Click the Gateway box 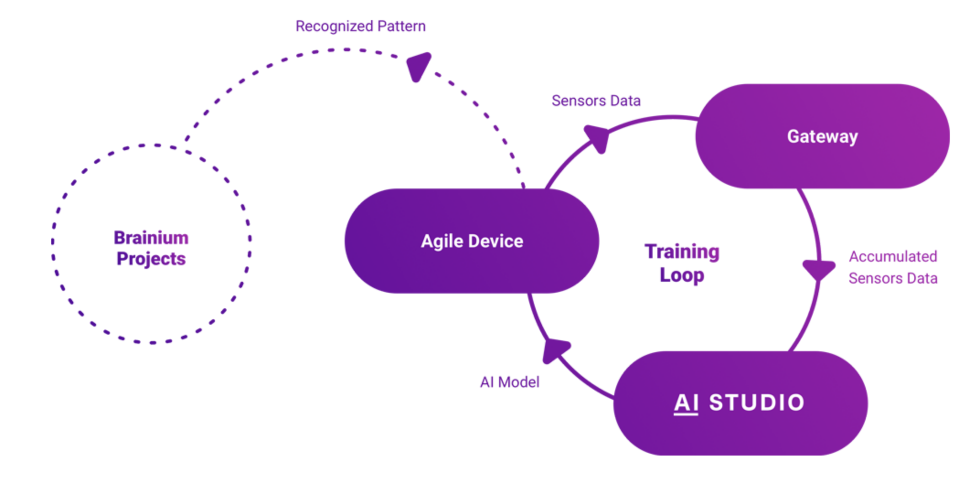[822, 136]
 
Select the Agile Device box [472, 241]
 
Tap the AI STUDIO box [740, 403]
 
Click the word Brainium [151, 238]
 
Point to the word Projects [151, 259]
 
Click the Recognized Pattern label [361, 26]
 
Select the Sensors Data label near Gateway [596, 101]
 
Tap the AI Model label [510, 382]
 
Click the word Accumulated [893, 257]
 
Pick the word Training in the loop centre [682, 252]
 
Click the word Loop [682, 275]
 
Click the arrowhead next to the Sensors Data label [597, 138]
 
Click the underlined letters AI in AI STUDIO [686, 403]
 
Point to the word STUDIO [756, 402]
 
